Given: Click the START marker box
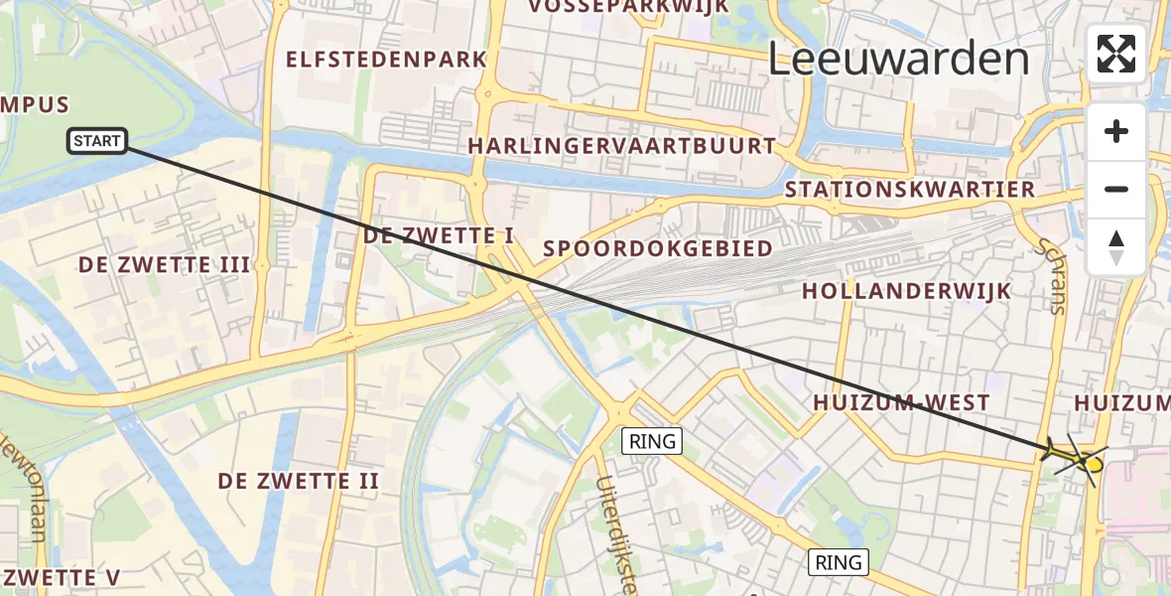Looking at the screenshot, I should [97, 141].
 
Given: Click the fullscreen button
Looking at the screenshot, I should [1116, 54].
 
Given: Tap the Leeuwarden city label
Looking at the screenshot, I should [898, 60].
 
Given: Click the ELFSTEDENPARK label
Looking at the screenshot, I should [387, 60].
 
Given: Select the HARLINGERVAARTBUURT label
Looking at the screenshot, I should [622, 146].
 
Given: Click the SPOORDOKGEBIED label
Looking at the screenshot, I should [659, 248].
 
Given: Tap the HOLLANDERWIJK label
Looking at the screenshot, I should [906, 291].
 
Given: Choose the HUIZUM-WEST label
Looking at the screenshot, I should [901, 402].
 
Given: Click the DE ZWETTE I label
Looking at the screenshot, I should [439, 236].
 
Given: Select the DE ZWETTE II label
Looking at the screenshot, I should [299, 482].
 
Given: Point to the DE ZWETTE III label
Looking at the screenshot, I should [164, 265].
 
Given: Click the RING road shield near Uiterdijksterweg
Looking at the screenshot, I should [652, 441].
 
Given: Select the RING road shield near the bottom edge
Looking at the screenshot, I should [839, 562].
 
